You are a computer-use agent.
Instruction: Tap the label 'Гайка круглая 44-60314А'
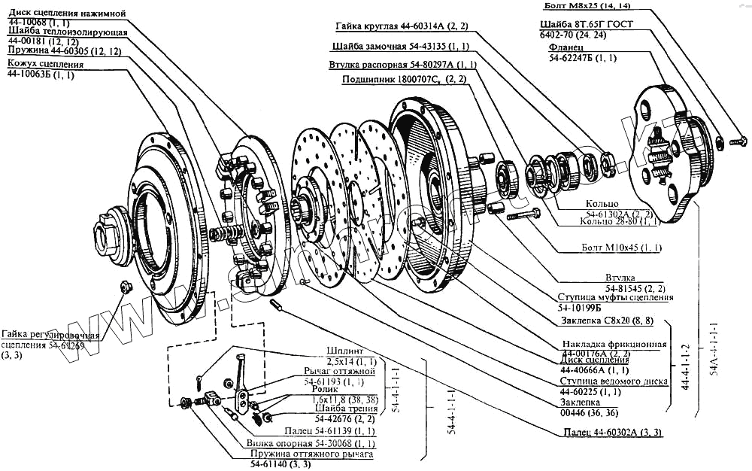pyautogui.click(x=390, y=27)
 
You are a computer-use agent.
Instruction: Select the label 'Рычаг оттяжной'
pyautogui.click(x=338, y=371)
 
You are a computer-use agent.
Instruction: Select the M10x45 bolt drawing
pyautogui.click(x=523, y=215)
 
